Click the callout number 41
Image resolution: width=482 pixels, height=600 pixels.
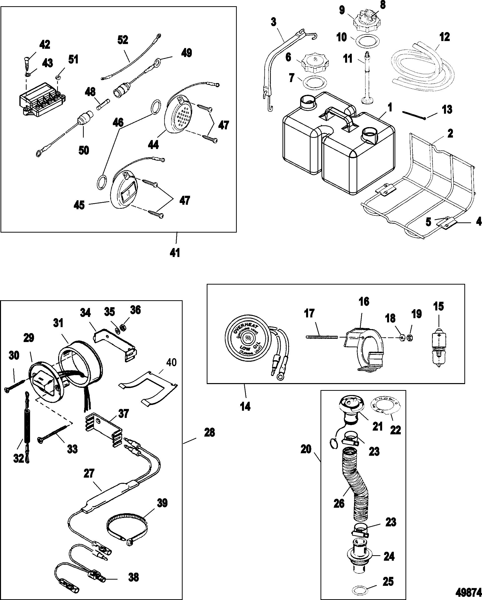[175, 252]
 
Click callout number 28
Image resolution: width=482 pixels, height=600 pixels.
[209, 433]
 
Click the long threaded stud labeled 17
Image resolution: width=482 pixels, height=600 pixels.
[321, 337]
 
